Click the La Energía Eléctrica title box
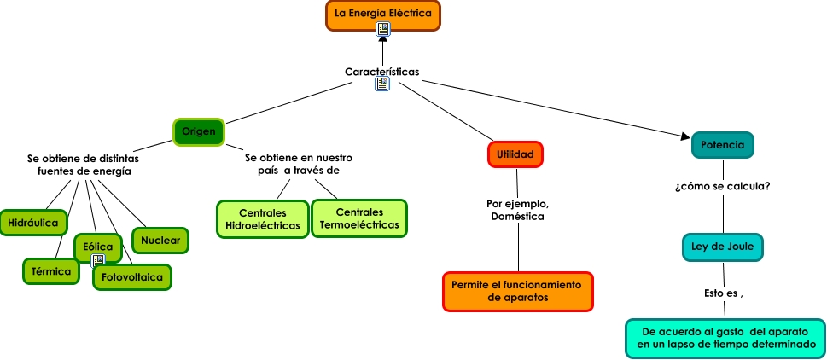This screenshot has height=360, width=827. click(383, 16)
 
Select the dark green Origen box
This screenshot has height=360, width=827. click(199, 131)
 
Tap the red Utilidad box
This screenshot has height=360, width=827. click(515, 154)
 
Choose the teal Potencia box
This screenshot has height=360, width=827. click(723, 145)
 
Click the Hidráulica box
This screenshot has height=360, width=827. click(33, 223)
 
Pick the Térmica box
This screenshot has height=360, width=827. click(51, 271)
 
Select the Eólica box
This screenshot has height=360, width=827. click(98, 247)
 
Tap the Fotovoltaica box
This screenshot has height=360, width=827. click(132, 277)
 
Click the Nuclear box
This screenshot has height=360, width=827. click(160, 241)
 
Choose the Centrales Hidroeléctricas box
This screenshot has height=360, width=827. click(263, 219)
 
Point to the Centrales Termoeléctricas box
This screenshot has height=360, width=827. click(359, 218)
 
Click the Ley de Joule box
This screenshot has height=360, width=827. click(723, 247)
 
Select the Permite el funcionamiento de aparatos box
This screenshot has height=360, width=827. click(518, 292)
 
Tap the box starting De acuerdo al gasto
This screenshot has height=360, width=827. click(725, 339)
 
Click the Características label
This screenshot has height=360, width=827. click(382, 72)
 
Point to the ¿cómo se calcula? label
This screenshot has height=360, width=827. click(723, 187)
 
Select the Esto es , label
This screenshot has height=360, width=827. click(724, 293)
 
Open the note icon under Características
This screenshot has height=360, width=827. click(382, 84)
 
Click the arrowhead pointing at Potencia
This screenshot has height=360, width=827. click(685, 136)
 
